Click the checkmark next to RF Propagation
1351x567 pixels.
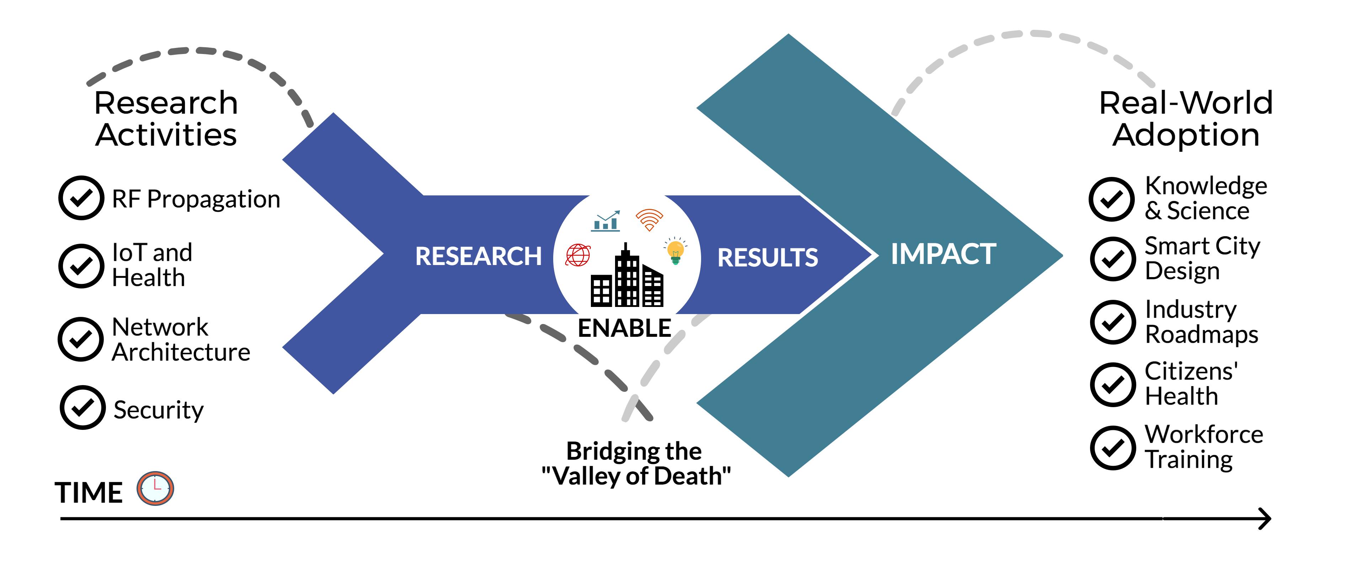pos(81,198)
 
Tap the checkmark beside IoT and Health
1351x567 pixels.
pos(81,266)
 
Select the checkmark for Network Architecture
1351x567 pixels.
pos(81,339)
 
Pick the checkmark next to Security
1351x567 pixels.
pos(83,408)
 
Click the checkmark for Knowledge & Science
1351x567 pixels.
pos(1112,199)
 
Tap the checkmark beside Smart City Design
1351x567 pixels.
pos(1113,259)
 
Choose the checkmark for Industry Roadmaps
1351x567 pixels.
pos(1113,322)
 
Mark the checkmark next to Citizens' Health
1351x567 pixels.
pos(1113,385)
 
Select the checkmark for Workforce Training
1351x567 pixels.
pos(1113,448)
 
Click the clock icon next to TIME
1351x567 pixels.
pos(155,488)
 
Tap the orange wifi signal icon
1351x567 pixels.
pos(649,220)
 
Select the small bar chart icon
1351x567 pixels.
pos(606,222)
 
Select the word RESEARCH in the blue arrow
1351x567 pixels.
pos(478,256)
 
